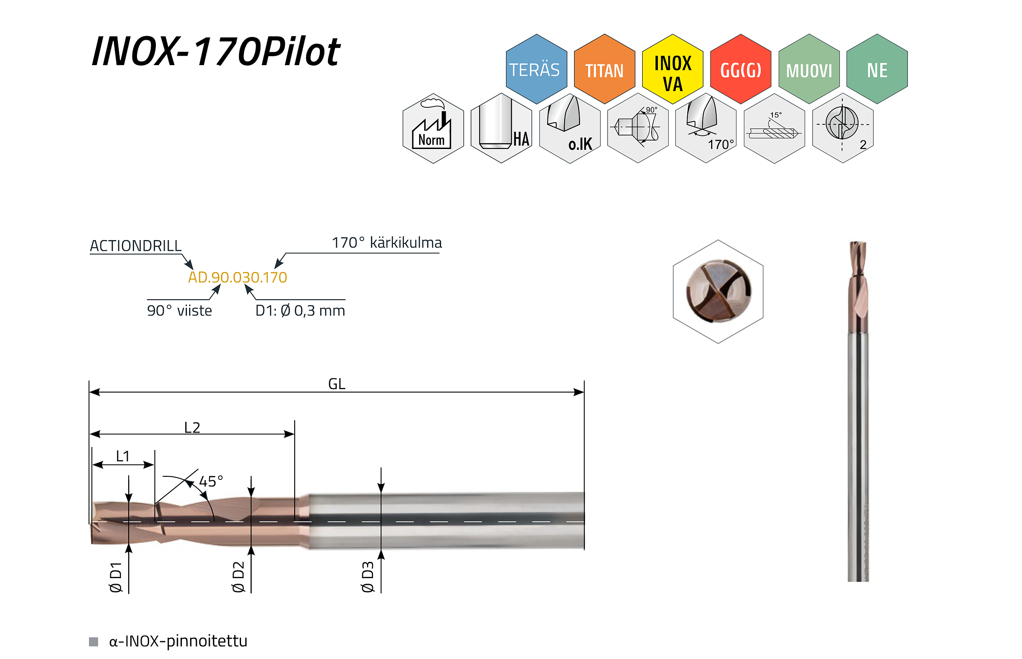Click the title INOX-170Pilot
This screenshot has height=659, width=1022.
(x=216, y=52)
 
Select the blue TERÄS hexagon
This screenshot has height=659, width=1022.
(x=536, y=69)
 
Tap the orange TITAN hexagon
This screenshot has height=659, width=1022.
(x=604, y=69)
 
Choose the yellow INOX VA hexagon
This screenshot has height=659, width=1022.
(x=672, y=69)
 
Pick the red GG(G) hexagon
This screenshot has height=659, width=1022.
(x=741, y=69)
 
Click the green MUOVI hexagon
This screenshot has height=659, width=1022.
(x=809, y=69)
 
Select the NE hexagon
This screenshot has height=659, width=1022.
(x=877, y=69)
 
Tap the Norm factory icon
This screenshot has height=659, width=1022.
(x=433, y=129)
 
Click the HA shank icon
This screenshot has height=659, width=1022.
(x=501, y=129)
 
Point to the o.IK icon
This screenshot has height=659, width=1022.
(x=570, y=129)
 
